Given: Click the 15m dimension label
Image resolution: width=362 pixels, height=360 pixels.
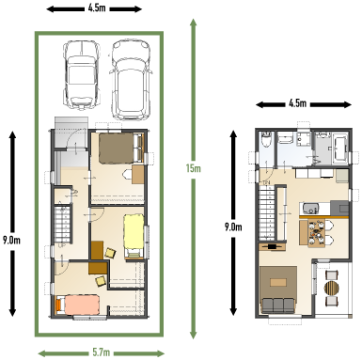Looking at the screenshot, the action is pos(193,168).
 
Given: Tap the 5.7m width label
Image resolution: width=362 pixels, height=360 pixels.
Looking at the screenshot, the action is pos(102,352).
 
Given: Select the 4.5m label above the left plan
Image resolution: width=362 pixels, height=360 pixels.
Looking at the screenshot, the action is pos(97,8).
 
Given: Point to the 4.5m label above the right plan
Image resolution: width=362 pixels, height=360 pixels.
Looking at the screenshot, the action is pos(297,103).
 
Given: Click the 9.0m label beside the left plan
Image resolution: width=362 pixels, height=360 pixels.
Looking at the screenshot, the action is pos(11,241).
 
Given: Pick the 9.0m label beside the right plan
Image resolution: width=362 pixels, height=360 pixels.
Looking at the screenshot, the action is pos(233,227).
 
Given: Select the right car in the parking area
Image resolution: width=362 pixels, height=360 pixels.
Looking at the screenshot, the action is pos(131,80).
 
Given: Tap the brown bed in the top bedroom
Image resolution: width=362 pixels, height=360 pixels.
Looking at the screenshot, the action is pos(121,149).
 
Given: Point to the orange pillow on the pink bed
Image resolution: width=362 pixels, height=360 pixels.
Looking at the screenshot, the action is pos(58,305).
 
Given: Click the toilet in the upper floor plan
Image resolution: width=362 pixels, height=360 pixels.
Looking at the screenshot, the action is pos(266,139).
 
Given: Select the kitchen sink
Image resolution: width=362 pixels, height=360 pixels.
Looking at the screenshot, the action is pos(310,208).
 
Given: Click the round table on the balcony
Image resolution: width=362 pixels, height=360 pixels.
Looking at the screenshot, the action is pos(332,288).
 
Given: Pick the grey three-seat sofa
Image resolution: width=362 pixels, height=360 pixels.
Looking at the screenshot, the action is pos(278,305).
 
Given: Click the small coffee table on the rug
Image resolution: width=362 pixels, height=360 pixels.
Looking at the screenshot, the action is pos(278,283).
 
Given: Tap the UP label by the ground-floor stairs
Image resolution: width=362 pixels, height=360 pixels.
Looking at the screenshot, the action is pos(62,245).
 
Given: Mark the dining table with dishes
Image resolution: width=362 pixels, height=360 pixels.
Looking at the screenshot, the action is pos(317,232).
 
